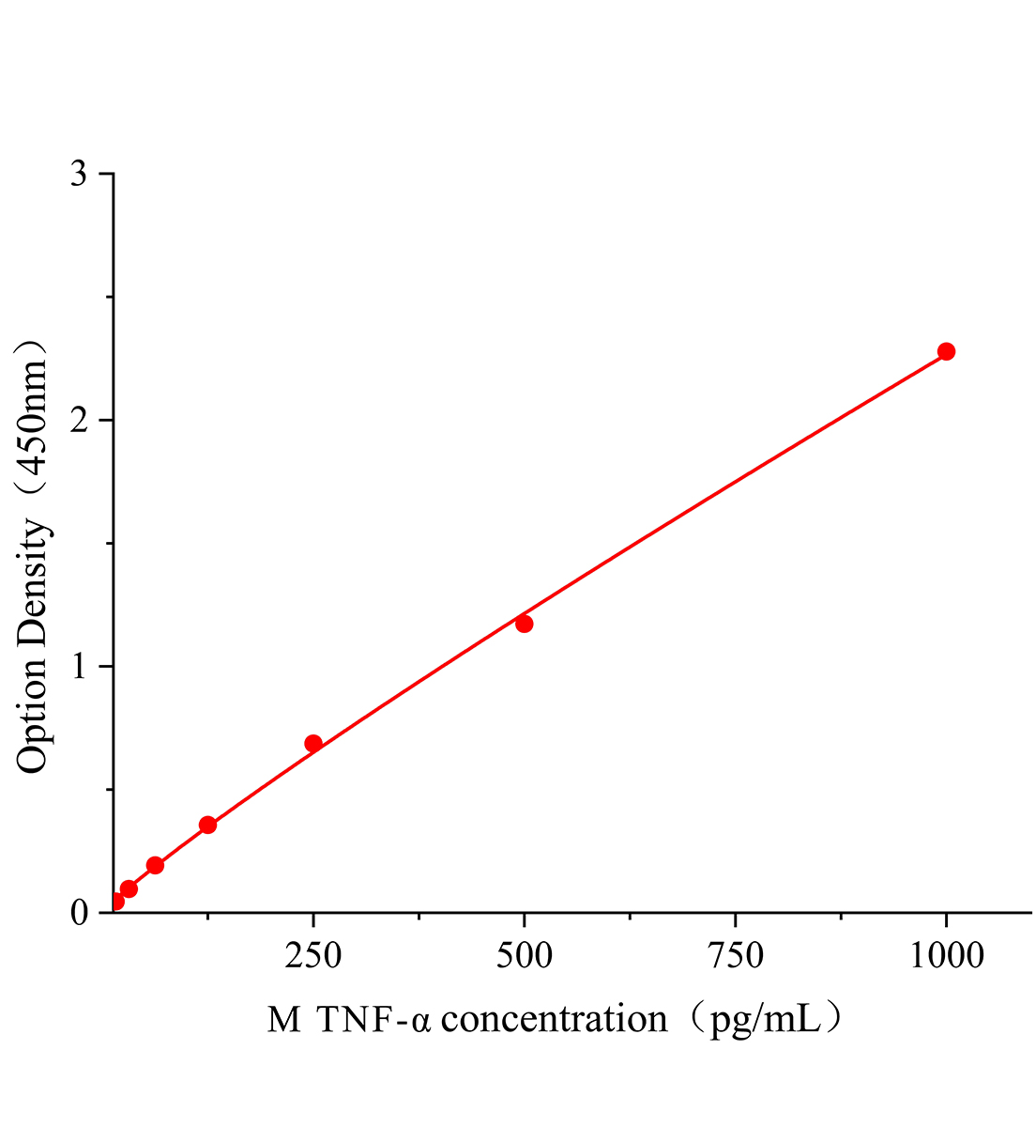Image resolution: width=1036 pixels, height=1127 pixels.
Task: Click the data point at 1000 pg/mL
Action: (x=946, y=351)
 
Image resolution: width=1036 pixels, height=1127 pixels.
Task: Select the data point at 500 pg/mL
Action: (x=524, y=624)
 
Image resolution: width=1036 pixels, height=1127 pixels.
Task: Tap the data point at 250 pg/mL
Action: (x=313, y=743)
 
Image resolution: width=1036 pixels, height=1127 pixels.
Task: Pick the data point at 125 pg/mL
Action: (x=208, y=825)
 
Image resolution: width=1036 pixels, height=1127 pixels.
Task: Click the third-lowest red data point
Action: (x=155, y=865)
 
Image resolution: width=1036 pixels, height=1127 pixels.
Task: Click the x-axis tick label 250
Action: (x=313, y=956)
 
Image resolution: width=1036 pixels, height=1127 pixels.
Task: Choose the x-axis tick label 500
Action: (x=524, y=956)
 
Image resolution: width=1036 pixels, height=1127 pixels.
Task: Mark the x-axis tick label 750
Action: (x=735, y=956)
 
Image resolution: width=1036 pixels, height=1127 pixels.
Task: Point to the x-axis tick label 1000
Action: (x=946, y=956)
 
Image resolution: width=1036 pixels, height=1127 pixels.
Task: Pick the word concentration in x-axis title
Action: (x=554, y=1019)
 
